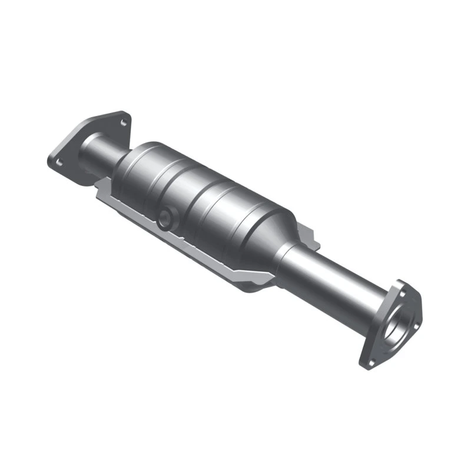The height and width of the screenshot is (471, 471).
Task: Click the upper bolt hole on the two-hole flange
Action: pyautogui.click(x=123, y=122)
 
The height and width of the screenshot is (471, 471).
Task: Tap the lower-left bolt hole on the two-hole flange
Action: pyautogui.click(x=57, y=158)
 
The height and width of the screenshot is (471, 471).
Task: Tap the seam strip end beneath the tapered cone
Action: pyautogui.click(x=259, y=285)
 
